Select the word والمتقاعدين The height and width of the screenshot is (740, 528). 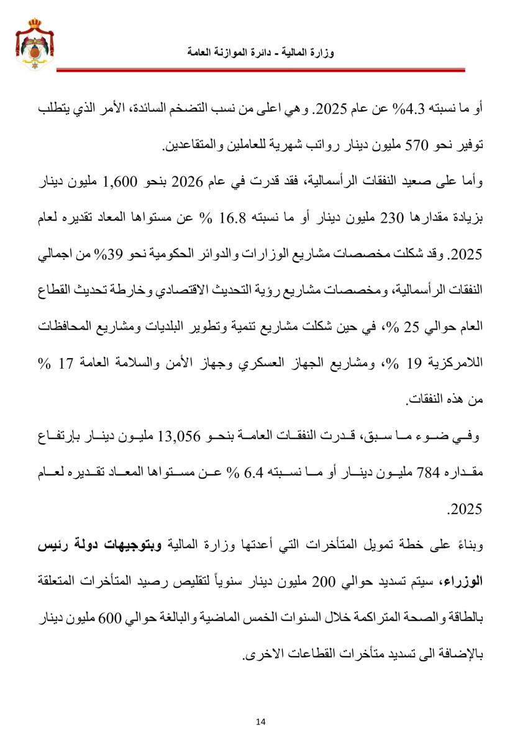click(196, 146)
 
